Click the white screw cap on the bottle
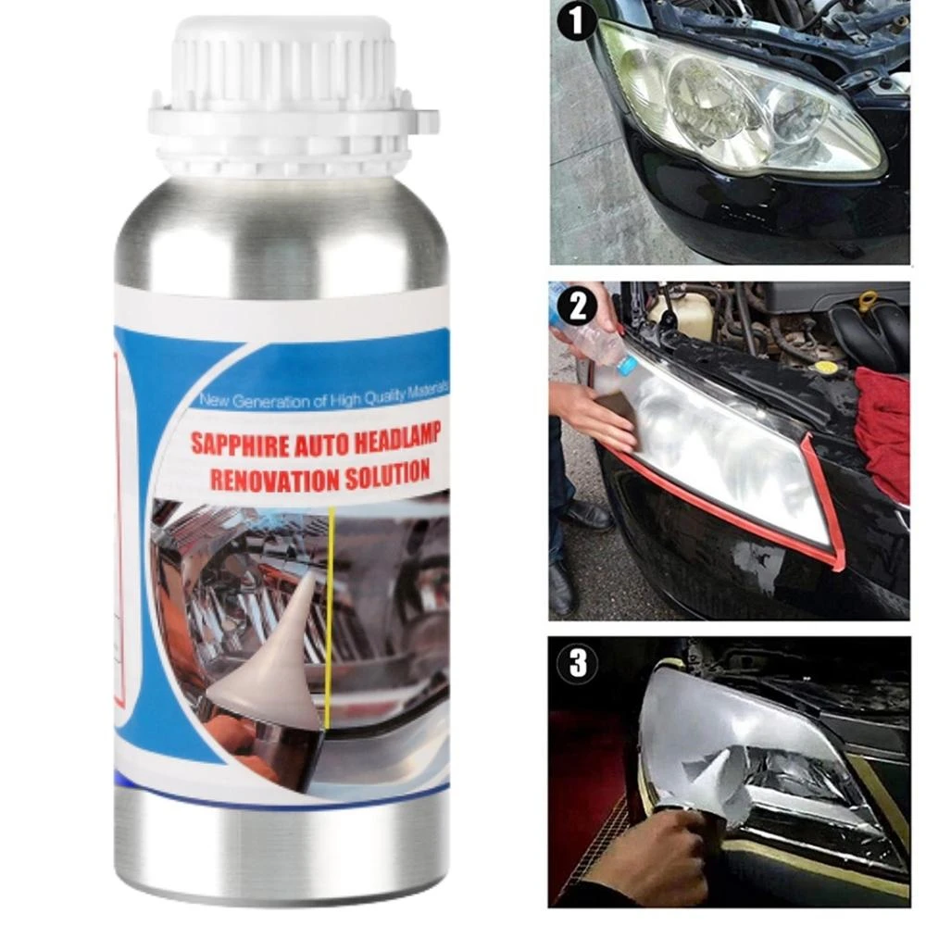[x=287, y=93]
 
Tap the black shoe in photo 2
[x=589, y=515]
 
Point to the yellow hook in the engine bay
[x=868, y=302]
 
